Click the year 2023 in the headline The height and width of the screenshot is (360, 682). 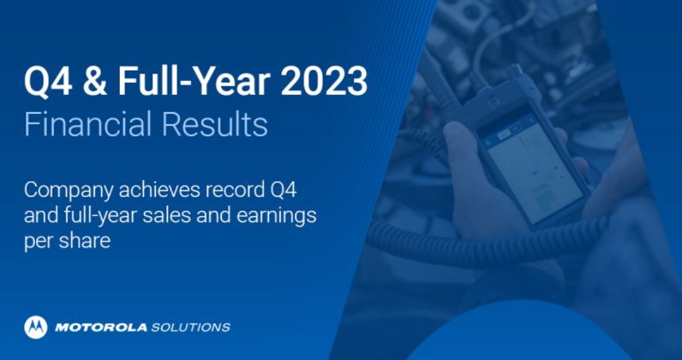(324, 81)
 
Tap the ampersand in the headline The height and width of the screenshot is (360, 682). (95, 82)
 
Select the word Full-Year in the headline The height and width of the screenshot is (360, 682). (194, 81)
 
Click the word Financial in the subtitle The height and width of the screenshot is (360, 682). (88, 124)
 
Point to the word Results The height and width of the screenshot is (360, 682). (214, 124)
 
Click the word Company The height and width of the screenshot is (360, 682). (68, 191)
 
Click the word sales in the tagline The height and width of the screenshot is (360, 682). (167, 216)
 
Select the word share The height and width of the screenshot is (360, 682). (84, 240)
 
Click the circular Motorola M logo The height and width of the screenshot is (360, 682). (36, 327)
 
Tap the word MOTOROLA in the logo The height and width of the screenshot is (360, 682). (101, 327)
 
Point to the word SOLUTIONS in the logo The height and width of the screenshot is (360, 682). (190, 327)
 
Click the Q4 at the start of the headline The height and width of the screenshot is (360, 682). (48, 82)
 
